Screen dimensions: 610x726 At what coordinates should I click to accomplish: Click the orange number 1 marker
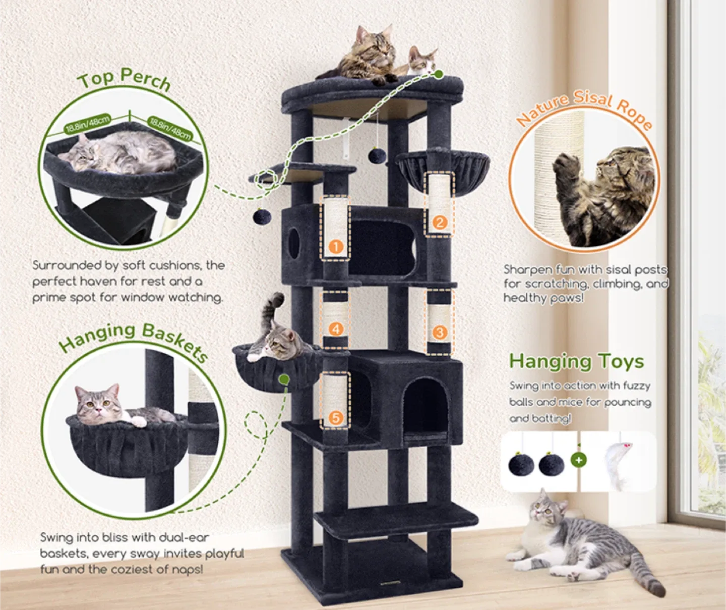pos(336,247)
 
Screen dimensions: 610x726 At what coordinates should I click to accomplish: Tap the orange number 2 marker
pos(440,223)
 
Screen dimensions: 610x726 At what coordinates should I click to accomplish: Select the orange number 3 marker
pos(439,332)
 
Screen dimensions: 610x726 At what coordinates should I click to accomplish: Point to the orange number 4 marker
pos(336,329)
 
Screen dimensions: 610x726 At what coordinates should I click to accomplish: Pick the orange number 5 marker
pos(336,417)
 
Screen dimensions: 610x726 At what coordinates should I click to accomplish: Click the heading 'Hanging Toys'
pos(576,361)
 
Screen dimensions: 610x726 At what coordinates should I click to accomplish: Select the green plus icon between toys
pos(579,460)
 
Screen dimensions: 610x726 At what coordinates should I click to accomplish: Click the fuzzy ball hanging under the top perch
pos(377,155)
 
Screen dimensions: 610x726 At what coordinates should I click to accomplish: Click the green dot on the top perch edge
pos(439,75)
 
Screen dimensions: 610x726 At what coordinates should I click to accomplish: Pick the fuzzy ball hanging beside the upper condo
pos(262,217)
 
